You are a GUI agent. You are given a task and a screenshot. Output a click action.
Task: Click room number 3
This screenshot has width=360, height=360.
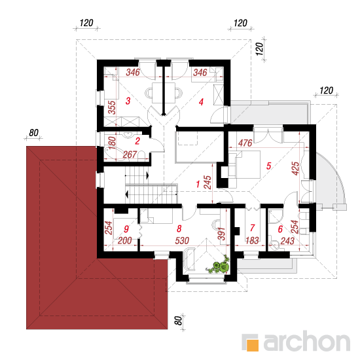128,101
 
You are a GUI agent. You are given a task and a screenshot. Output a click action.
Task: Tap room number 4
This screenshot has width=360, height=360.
201,102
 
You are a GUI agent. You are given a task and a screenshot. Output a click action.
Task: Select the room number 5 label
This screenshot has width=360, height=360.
268,166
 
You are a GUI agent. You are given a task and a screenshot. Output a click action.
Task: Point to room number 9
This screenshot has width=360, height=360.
126,229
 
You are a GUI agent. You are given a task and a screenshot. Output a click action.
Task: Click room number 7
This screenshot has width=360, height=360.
253,228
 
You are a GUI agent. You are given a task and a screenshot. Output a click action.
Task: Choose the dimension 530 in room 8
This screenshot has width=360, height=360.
182,241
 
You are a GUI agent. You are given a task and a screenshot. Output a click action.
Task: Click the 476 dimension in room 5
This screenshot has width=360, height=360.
245,143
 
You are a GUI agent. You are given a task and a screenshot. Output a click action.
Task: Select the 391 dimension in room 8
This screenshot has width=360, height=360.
222,234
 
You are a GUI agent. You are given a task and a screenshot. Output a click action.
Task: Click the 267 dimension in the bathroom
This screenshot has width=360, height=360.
130,154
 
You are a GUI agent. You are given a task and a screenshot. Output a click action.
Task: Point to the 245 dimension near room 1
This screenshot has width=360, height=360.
207,183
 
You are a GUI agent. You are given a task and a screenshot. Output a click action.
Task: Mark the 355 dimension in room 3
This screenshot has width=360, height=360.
112,107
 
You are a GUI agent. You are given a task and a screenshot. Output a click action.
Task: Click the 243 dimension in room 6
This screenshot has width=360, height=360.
287,241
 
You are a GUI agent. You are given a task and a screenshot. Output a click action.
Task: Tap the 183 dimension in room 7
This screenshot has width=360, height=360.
252,241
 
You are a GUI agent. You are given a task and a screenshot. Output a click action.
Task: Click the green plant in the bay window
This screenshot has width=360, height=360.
218,265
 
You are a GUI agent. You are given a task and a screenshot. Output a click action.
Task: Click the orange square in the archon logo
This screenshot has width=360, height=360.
252,345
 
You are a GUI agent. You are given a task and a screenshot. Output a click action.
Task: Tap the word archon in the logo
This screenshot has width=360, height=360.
307,342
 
